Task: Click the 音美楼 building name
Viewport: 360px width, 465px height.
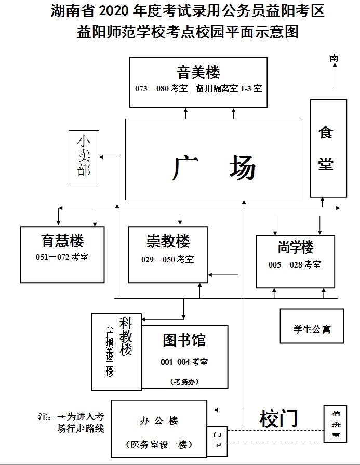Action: (x=198, y=72)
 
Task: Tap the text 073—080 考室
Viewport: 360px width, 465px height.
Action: (x=161, y=89)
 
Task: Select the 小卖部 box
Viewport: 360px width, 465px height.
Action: (x=84, y=156)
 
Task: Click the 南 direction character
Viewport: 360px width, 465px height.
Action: (x=334, y=58)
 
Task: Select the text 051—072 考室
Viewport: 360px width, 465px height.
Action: (x=62, y=256)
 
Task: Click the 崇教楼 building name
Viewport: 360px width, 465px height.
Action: (x=168, y=241)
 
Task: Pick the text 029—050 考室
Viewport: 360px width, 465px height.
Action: (x=168, y=259)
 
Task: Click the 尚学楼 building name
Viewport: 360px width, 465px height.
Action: (x=296, y=247)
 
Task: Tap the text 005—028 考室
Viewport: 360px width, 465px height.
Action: (x=295, y=264)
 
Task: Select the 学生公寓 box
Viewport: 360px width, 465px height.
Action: (x=312, y=328)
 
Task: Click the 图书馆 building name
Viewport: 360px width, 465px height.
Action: (x=184, y=340)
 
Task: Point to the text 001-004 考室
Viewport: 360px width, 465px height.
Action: (x=184, y=362)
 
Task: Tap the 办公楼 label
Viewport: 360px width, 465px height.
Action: (x=159, y=421)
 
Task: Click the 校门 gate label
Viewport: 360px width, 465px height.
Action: (x=278, y=418)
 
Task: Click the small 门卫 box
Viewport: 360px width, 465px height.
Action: (x=217, y=440)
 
